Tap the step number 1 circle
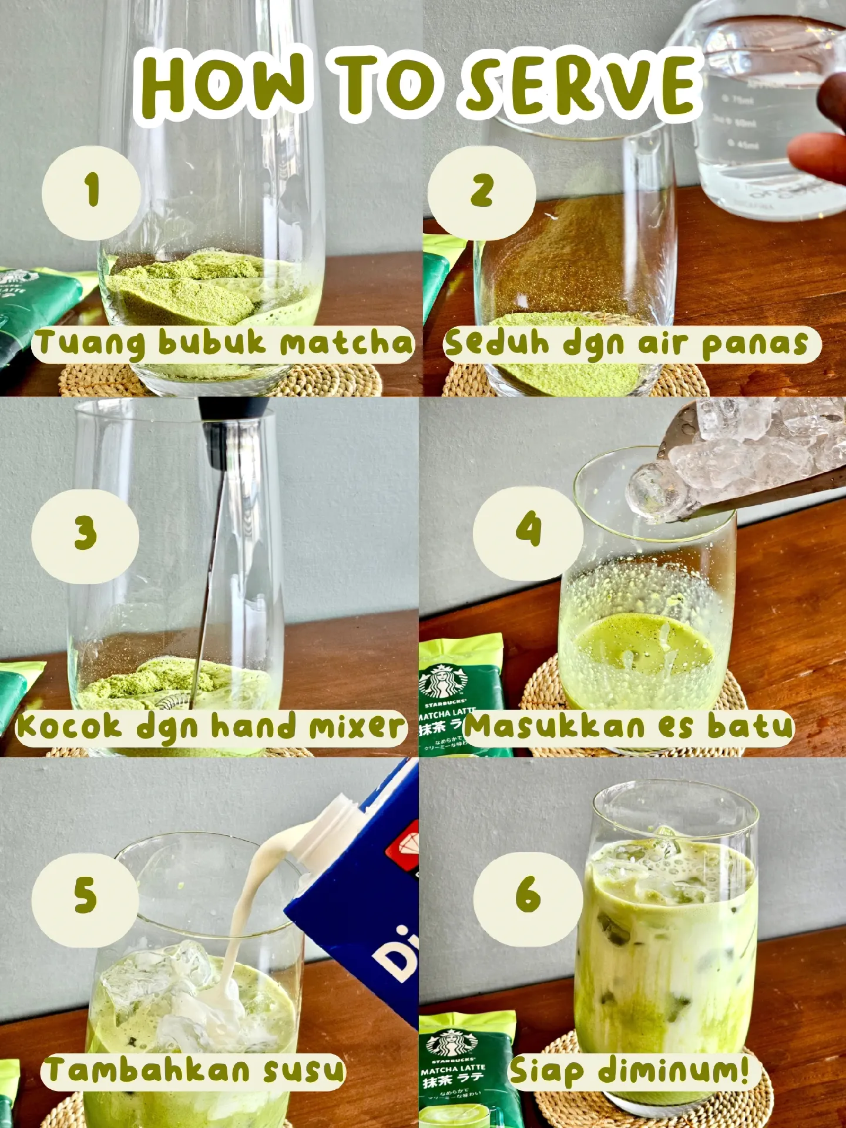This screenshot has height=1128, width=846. point(91,192)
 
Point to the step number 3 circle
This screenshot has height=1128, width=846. point(85,535)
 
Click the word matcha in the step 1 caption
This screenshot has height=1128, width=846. point(347,344)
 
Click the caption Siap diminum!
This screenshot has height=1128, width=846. point(629,1070)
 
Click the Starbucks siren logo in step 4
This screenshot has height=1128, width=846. point(444,681)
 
